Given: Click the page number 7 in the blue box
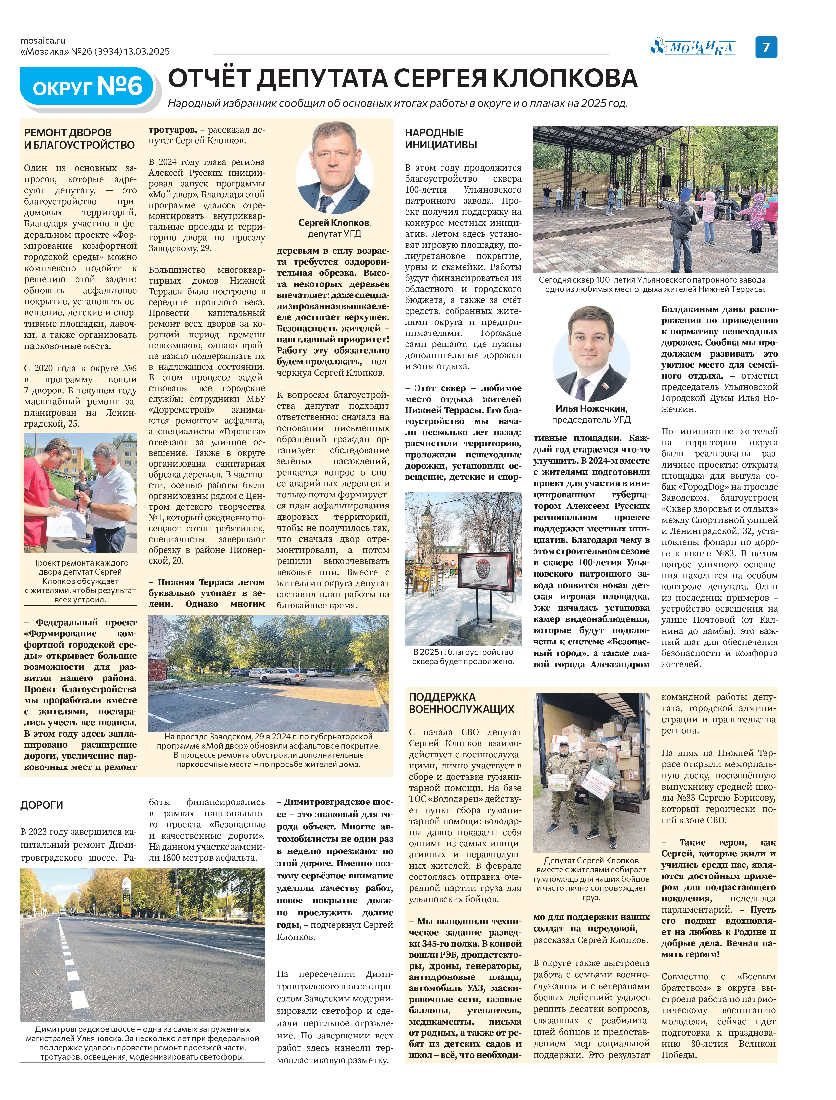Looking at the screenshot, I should [x=766, y=47].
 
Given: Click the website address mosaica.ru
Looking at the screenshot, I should [x=43, y=41].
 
